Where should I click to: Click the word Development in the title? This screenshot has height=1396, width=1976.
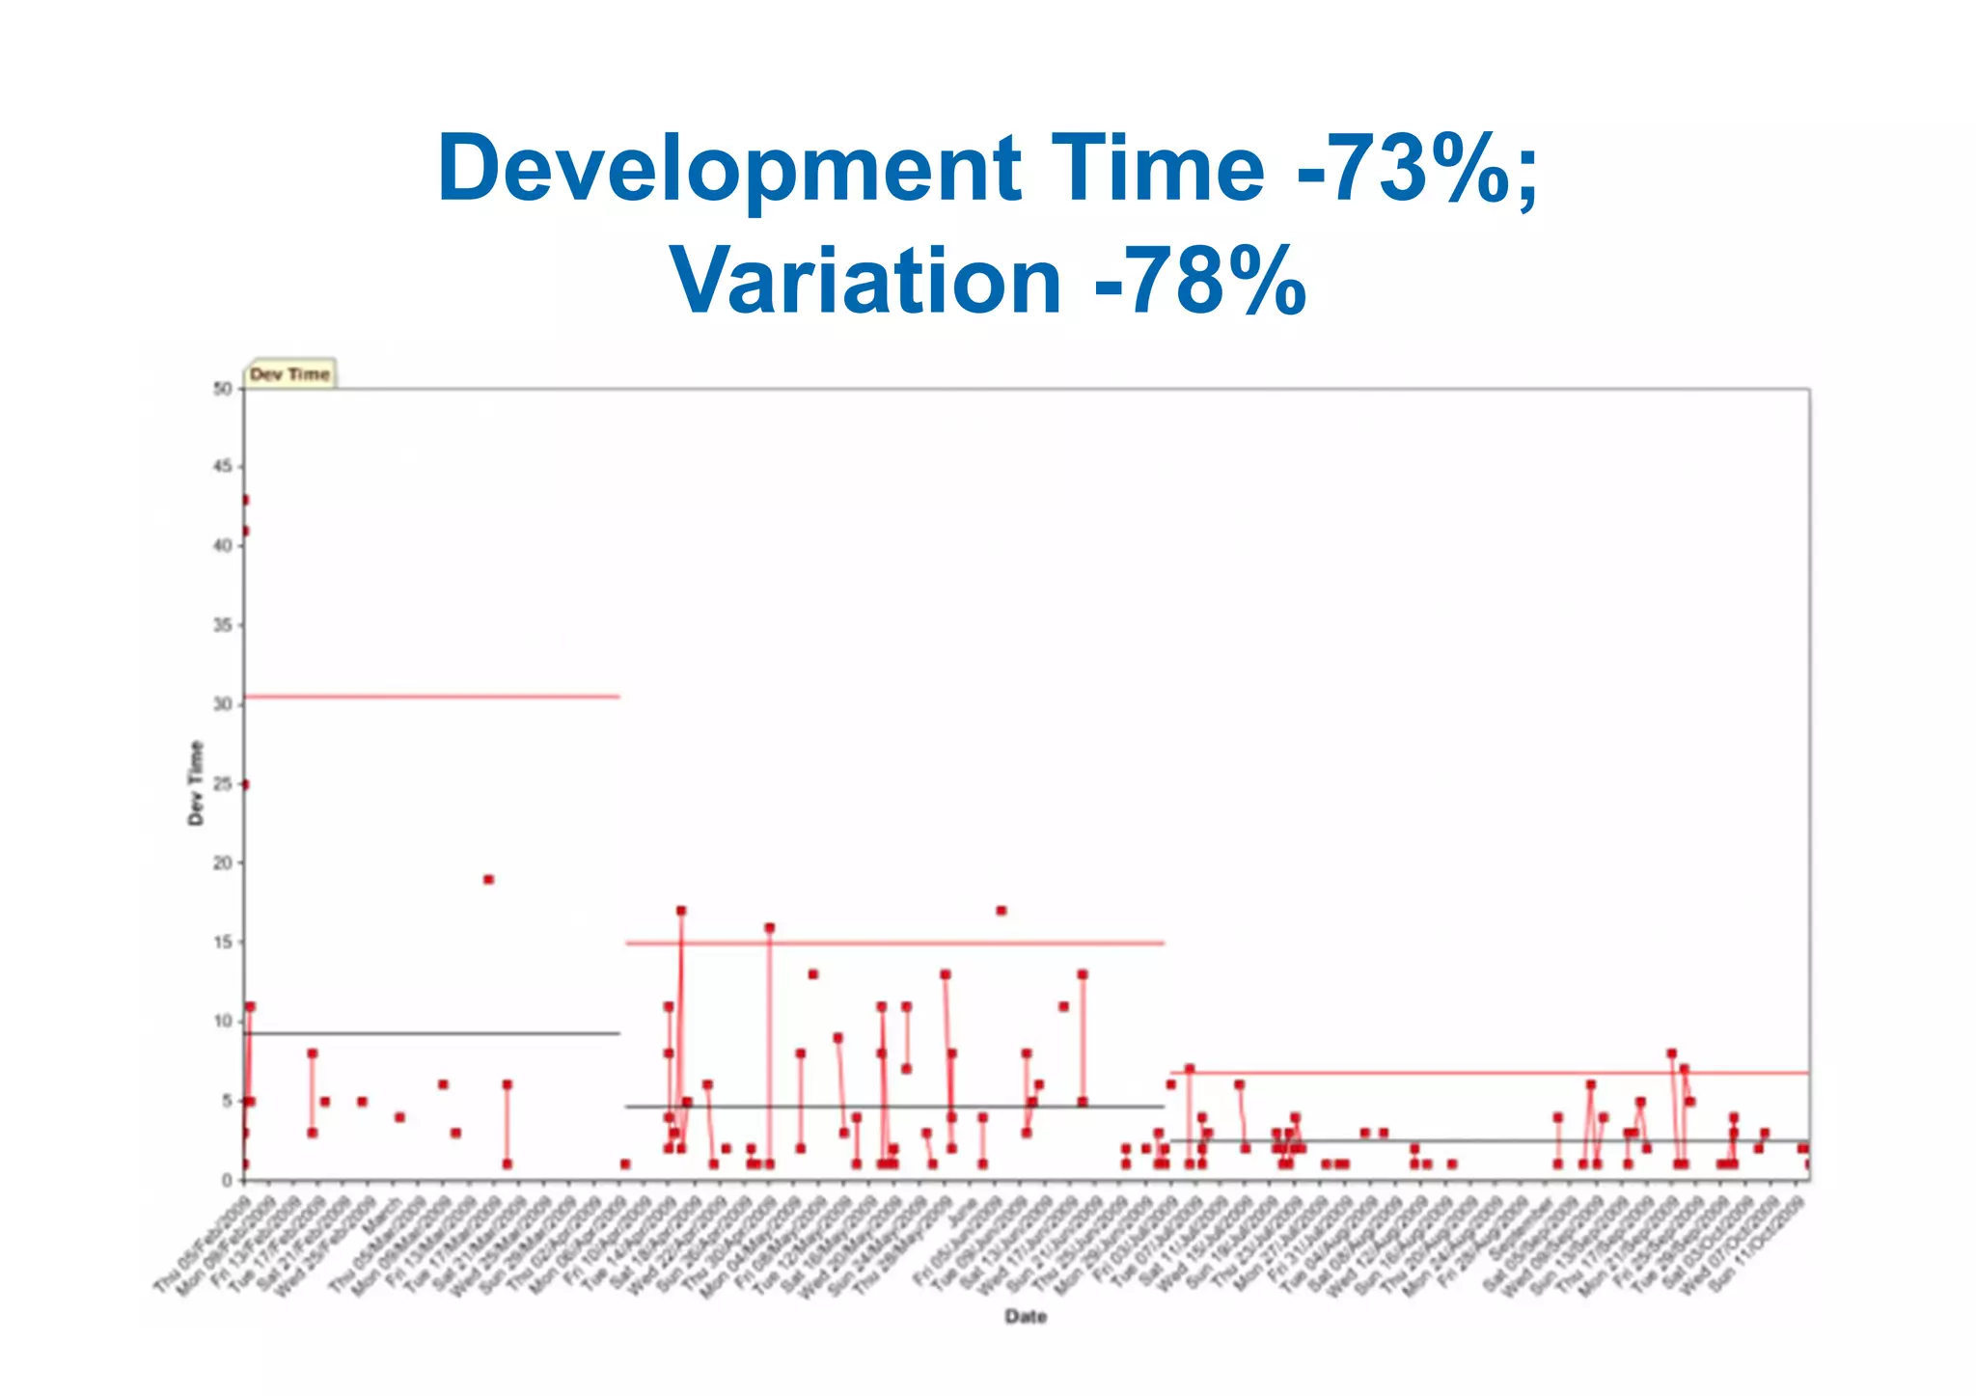728,169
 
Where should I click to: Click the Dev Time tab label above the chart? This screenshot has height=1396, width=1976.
289,374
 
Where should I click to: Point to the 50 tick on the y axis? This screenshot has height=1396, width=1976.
223,389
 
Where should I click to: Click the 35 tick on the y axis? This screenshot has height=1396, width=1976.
223,626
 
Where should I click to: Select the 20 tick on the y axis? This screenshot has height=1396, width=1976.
223,863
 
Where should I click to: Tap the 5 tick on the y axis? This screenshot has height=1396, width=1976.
227,1101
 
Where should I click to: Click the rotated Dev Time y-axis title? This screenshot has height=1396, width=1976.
196,782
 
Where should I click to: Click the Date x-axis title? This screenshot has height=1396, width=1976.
1025,1316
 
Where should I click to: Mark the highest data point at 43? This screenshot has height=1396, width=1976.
244,500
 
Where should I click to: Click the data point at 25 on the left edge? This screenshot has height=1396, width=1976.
244,784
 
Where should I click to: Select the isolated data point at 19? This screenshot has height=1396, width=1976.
488,879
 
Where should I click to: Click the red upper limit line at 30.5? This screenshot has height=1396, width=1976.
434,696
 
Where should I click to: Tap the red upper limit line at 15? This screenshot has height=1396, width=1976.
897,943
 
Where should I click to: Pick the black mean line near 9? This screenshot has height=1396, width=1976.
434,1033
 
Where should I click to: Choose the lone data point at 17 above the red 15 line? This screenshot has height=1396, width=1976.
1001,911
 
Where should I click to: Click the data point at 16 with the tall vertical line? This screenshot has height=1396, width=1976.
769,927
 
